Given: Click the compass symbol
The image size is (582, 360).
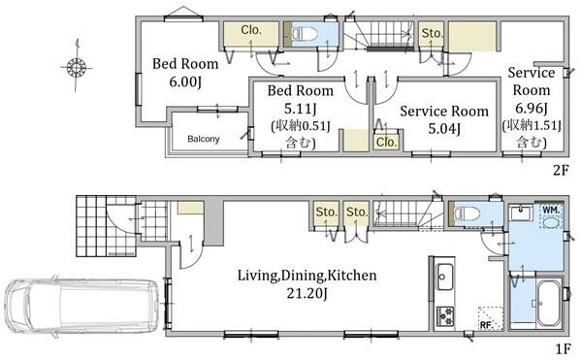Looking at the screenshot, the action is coord(77,67).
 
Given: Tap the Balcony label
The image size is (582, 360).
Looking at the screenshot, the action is coord(203,139).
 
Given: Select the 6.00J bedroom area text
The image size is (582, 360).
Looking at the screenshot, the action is coord(185,82).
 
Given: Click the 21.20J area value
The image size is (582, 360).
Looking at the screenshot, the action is coord(307,294).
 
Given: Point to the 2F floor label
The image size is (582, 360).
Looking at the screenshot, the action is coord(561,170).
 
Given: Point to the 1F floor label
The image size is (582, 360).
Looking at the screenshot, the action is coord(563,349).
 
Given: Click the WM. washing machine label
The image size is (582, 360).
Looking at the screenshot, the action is coord(551,210).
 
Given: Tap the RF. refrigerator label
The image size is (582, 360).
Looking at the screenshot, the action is coord(486,325).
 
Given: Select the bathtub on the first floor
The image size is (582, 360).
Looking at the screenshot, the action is coord(548,303).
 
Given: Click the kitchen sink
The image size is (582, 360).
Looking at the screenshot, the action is coord(444,277).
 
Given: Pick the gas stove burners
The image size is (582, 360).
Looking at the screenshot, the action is coord(444,316).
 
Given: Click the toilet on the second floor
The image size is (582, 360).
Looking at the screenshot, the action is coord(305,35).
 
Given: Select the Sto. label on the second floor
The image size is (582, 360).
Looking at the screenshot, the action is coord(432,33).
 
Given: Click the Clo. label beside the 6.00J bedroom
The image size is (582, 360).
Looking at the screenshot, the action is coord(251,30).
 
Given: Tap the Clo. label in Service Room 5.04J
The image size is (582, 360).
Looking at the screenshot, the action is coord(386,142).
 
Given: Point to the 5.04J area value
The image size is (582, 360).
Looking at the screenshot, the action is coord(444,129).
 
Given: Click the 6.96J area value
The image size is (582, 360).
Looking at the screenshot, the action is coord(532,108).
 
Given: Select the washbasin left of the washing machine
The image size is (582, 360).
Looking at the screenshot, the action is coord(522,213).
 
